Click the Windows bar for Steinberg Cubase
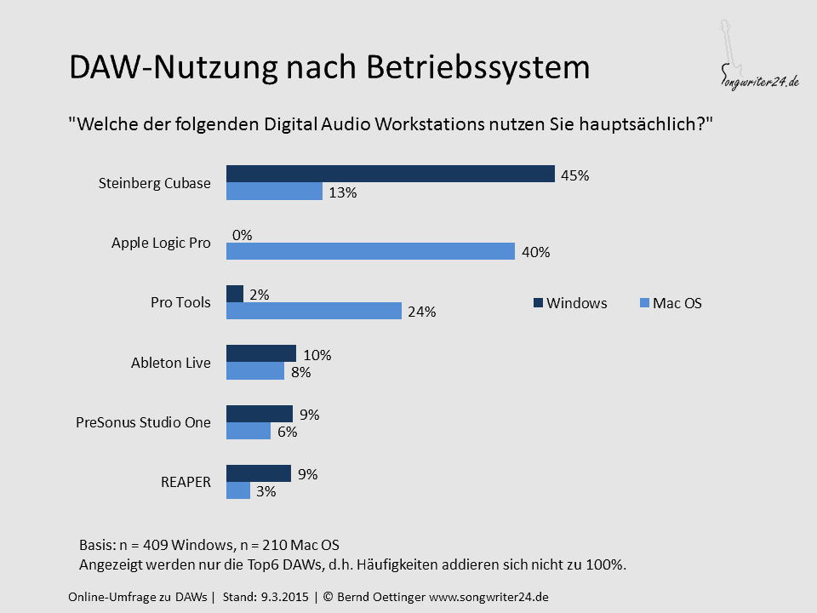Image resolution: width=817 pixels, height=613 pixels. coord(391,174)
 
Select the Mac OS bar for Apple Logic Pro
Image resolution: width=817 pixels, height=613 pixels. coord(370,251)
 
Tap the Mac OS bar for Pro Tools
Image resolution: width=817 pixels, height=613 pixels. coord(314,311)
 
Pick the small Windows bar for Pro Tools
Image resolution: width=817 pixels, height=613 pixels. coord(235,294)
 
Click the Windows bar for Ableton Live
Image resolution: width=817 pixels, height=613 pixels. coord(261,353)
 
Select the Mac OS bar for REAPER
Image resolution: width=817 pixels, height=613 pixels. coord(238,490)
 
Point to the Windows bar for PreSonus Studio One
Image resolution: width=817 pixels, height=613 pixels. coord(260,414)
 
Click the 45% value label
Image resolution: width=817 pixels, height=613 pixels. coord(574,175)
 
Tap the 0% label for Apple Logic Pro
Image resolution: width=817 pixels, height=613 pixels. coord(242,235)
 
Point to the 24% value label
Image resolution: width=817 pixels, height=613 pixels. coord(421,312)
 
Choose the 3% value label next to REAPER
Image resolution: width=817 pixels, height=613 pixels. coord(266,491)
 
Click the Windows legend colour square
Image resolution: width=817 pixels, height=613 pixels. coord(538,303)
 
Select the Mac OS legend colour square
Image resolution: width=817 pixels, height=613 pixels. coord(644,303)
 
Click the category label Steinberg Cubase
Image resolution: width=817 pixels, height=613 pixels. coord(155,184)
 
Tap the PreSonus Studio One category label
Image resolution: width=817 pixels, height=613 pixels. coord(143,422)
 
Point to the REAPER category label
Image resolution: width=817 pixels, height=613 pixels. coord(186,482)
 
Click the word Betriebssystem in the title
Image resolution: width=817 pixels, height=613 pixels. coord(477,68)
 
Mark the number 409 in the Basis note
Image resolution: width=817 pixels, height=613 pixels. coord(155,545)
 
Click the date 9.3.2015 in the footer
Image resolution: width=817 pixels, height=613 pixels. coord(285,597)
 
